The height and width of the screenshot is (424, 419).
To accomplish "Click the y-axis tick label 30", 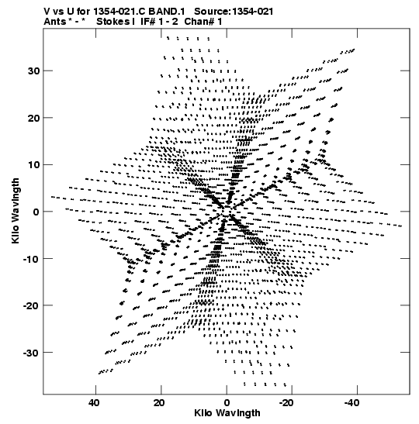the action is [x=33, y=71].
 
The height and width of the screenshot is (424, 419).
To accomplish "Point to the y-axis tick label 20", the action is [x=33, y=118].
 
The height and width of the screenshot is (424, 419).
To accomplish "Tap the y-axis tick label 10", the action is [x=33, y=164].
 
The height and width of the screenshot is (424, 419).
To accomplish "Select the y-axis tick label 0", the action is [x=36, y=212].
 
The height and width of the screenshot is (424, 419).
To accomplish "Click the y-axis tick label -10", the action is [x=31, y=259].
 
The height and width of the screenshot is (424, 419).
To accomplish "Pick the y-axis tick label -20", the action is [x=31, y=305].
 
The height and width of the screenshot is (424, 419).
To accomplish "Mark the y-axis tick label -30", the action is [x=31, y=353].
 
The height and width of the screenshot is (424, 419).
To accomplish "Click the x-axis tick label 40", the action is [x=94, y=403].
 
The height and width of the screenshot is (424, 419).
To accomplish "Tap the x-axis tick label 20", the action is [x=159, y=403].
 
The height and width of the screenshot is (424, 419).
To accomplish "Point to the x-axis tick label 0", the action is [x=227, y=403].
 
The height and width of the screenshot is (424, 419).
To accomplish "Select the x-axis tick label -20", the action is [x=286, y=403].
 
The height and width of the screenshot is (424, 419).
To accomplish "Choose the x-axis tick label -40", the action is [x=351, y=403].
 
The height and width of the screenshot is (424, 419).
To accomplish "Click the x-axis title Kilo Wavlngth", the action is [x=227, y=413].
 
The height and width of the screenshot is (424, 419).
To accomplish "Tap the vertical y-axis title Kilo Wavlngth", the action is [x=16, y=211].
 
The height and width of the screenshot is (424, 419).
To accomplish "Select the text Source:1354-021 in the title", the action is [x=234, y=12].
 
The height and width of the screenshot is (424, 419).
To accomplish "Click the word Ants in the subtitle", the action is [x=55, y=22].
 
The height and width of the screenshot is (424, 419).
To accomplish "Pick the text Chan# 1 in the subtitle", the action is [x=203, y=22].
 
